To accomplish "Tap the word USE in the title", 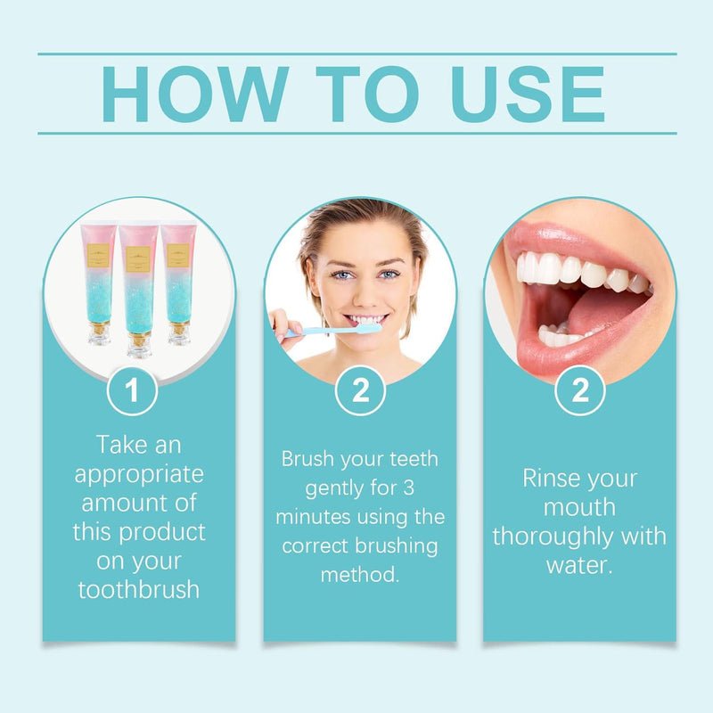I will pyautogui.click(x=528, y=94).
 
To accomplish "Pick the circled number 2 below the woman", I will pyautogui.click(x=359, y=392).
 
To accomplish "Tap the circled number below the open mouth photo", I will pyautogui.click(x=580, y=392).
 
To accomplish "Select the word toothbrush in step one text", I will pyautogui.click(x=139, y=590).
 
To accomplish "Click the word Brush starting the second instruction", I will pyautogui.click(x=308, y=459).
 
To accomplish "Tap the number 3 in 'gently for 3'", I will pyautogui.click(x=433, y=488).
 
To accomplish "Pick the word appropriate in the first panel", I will pyautogui.click(x=139, y=473).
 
